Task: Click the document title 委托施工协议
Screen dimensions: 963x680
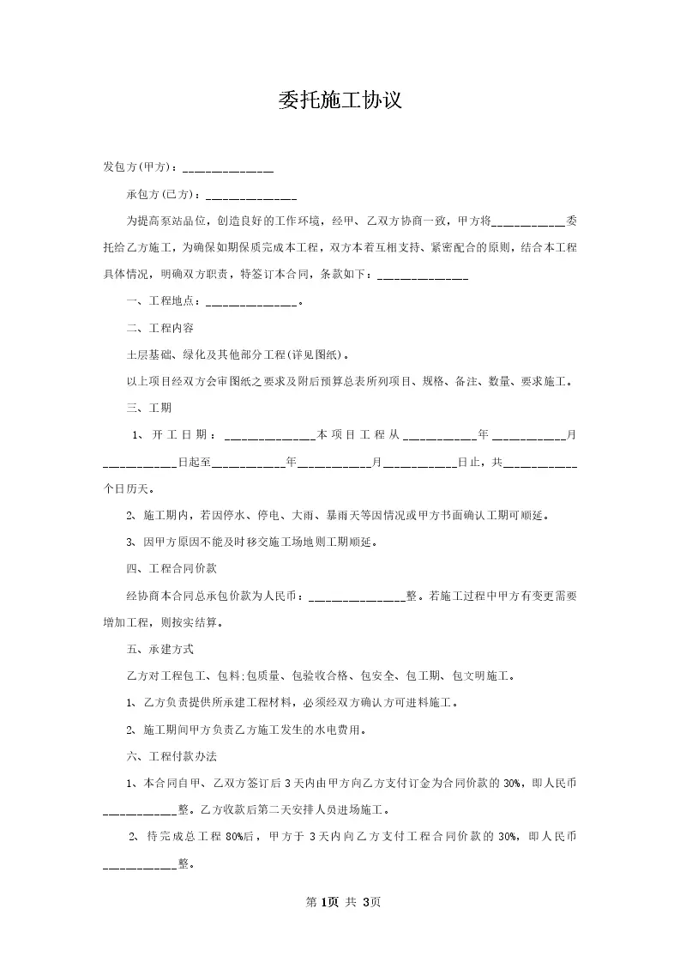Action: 340,100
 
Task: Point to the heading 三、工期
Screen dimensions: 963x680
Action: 148,408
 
